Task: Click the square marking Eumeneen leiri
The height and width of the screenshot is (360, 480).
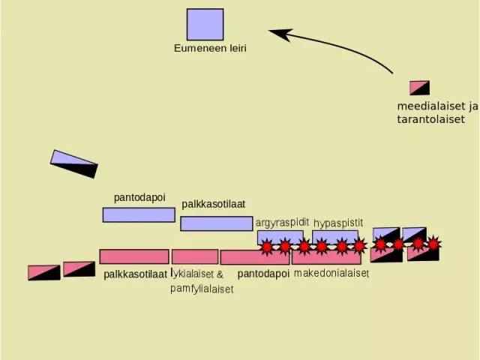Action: [205, 25]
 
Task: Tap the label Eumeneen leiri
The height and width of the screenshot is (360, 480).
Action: [210, 48]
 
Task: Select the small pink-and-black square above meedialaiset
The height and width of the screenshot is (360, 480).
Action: [420, 88]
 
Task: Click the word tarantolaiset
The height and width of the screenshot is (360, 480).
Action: [431, 119]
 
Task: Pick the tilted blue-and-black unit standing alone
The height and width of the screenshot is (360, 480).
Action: [73, 163]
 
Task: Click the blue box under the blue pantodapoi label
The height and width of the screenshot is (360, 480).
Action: [139, 215]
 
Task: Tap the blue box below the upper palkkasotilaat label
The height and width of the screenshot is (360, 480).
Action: [217, 223]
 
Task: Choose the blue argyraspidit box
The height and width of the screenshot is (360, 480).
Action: [280, 238]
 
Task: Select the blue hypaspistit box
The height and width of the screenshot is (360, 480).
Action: [335, 238]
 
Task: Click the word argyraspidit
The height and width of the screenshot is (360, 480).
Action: [282, 223]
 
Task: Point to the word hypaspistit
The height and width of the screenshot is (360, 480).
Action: [338, 223]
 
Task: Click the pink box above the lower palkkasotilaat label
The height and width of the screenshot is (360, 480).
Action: [134, 256]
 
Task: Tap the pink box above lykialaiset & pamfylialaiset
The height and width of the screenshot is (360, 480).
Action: [195, 256]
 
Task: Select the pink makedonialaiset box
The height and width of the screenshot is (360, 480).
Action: [326, 257]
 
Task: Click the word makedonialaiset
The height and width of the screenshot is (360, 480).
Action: [331, 273]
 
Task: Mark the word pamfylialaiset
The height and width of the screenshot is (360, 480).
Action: [202, 289]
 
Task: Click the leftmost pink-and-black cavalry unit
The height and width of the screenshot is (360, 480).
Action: [44, 273]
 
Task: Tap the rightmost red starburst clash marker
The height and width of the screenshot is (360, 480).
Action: [433, 243]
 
